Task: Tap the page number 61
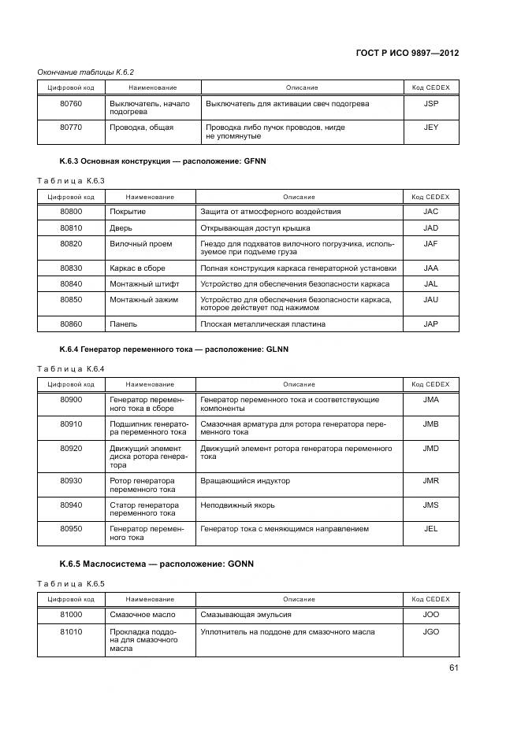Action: click(453, 668)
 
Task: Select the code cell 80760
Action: click(71, 104)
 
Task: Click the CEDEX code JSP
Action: click(430, 104)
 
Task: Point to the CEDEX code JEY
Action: click(430, 127)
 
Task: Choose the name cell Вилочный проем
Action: click(140, 244)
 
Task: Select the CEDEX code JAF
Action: click(430, 244)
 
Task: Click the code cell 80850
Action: click(71, 300)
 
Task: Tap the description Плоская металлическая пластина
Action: click(262, 324)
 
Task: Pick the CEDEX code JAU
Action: click(430, 300)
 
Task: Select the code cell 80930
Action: click(71, 481)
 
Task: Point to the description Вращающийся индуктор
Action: click(245, 481)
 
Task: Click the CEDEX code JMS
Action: click(430, 505)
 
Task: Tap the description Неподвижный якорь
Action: click(237, 505)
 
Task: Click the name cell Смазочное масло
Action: click(143, 615)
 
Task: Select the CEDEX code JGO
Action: click(430, 632)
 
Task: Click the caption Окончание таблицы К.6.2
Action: click(87, 72)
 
